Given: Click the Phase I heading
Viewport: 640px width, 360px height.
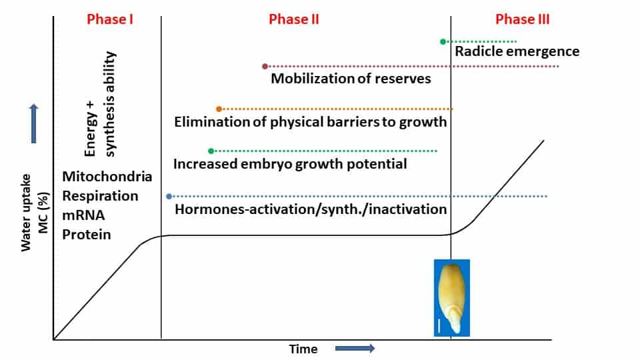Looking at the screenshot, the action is pyautogui.click(x=110, y=19).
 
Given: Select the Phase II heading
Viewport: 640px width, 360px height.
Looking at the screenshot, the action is pyautogui.click(x=294, y=19).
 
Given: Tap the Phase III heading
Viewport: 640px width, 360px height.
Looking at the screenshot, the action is pyautogui.click(x=523, y=19).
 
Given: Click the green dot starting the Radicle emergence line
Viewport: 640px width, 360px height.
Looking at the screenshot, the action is pyautogui.click(x=443, y=41).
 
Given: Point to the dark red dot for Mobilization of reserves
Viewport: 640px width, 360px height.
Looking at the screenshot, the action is pyautogui.click(x=265, y=66).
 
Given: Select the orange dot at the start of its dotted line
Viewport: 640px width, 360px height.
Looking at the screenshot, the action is pyautogui.click(x=219, y=109).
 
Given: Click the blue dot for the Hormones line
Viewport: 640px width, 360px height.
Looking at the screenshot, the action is pyautogui.click(x=169, y=196).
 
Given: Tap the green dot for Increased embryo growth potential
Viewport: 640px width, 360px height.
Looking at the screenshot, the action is pyautogui.click(x=211, y=151).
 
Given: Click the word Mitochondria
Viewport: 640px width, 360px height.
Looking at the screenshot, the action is pyautogui.click(x=107, y=176).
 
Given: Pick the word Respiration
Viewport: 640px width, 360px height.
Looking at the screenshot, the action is pyautogui.click(x=100, y=196).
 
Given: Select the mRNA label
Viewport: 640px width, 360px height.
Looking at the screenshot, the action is pyautogui.click(x=83, y=215).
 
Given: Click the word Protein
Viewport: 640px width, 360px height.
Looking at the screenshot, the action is pyautogui.click(x=87, y=234).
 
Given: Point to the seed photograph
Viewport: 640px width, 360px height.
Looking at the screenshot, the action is pyautogui.click(x=452, y=298).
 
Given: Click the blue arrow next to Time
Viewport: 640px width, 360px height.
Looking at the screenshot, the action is pyautogui.click(x=355, y=349).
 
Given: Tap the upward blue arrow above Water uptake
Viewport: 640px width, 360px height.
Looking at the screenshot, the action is pyautogui.click(x=34, y=124).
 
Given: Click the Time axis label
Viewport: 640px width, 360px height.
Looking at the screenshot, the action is pyautogui.click(x=303, y=349).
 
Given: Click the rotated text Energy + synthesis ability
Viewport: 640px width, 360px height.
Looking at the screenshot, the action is pyautogui.click(x=100, y=104).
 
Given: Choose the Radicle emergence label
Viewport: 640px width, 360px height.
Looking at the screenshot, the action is pyautogui.click(x=517, y=51).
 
